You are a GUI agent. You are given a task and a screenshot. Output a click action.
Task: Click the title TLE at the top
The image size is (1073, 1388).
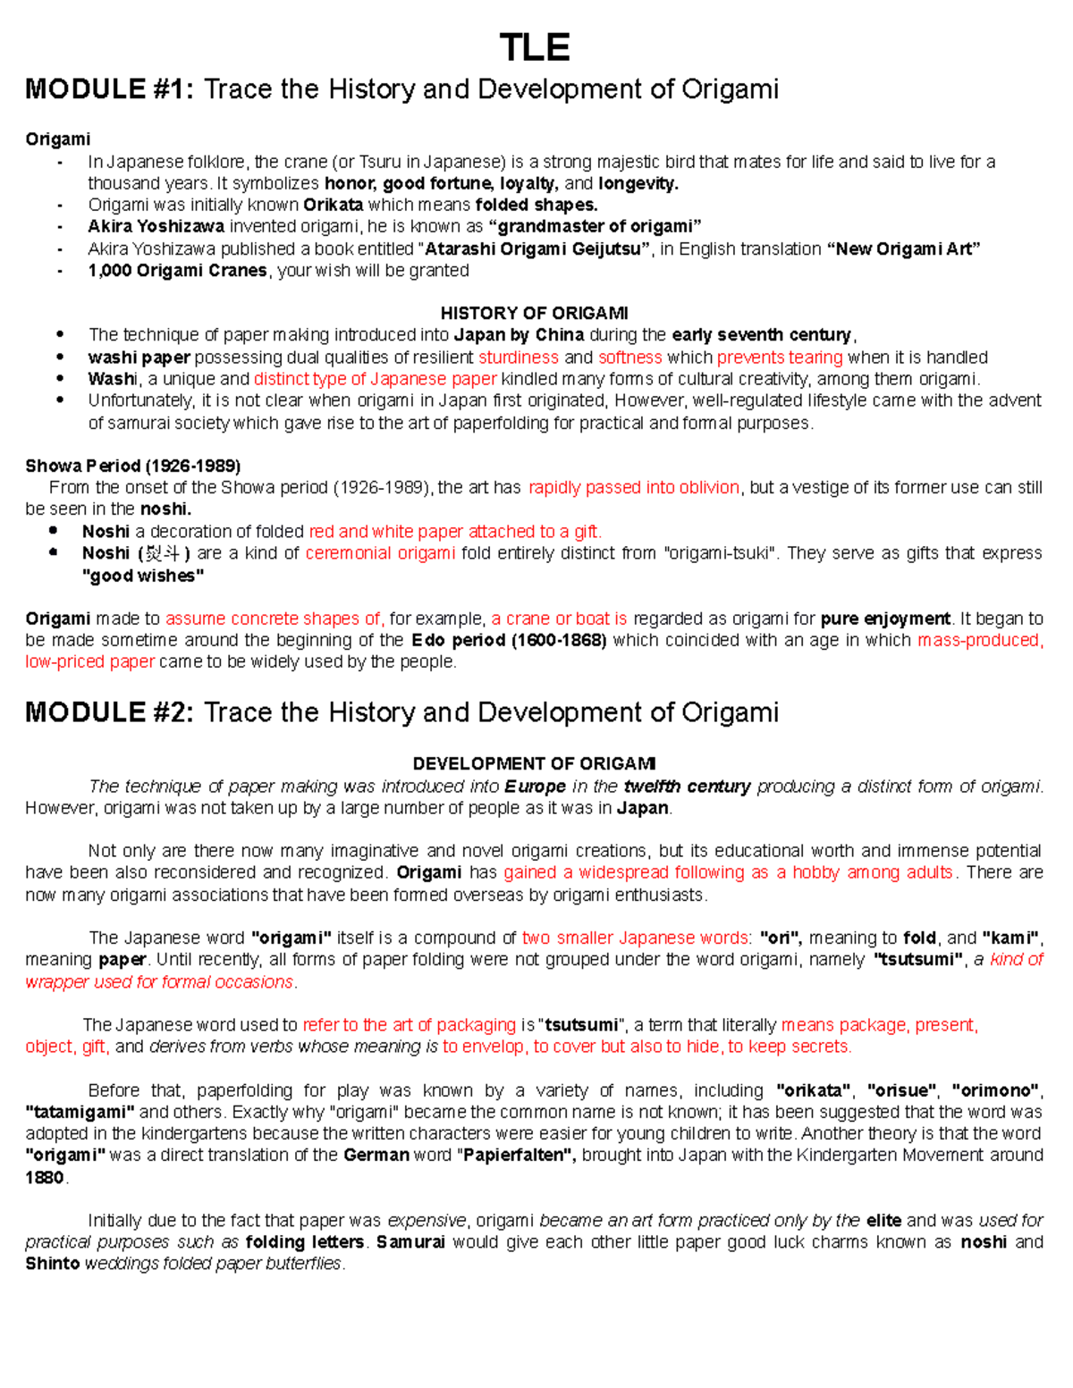coord(535,47)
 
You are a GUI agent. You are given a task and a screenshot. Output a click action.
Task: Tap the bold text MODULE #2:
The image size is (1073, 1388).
coord(108,712)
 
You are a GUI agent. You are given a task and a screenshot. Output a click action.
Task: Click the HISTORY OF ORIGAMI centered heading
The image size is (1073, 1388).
coord(534,313)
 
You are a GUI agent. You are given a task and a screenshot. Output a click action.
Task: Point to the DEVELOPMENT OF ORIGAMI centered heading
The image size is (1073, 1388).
coord(534,763)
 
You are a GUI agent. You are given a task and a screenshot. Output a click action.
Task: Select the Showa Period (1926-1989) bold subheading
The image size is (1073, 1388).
coord(132,466)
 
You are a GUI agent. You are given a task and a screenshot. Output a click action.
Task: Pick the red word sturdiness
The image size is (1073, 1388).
coord(519,357)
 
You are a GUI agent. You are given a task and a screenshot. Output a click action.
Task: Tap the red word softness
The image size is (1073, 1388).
coord(630,357)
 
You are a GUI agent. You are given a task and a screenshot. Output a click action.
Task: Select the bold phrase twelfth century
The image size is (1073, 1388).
coord(687,787)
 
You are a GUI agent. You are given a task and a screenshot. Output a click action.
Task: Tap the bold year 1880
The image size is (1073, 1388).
coord(45,1177)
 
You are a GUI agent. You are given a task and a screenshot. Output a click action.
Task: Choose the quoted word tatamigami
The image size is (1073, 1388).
coord(80,1112)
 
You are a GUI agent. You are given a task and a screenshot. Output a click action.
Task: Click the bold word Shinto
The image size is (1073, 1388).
coord(52,1263)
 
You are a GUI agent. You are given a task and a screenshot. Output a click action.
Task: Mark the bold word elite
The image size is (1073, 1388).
coord(883,1220)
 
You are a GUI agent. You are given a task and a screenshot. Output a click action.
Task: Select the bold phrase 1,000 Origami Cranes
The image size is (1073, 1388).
coord(177,270)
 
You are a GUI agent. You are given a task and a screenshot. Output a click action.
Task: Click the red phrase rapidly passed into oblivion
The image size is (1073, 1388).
coord(634,487)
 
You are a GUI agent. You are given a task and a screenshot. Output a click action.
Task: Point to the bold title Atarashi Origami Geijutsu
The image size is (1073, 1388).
coord(534,248)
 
